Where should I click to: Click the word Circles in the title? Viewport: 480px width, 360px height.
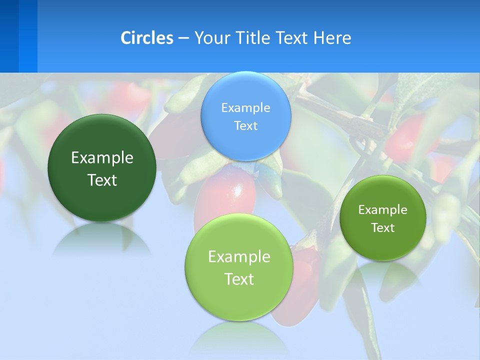[x=147, y=38]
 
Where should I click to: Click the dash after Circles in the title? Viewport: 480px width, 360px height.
[x=183, y=38]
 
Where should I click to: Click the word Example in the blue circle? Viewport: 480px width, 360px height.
[x=246, y=107]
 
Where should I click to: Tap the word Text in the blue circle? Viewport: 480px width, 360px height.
[x=246, y=125]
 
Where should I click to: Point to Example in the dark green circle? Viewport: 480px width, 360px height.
[x=102, y=158]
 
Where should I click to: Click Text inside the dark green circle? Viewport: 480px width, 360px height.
[x=102, y=180]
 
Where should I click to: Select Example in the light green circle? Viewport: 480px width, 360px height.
[x=239, y=257]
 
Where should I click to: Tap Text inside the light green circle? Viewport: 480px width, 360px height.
[x=239, y=279]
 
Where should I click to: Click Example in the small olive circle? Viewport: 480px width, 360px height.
[x=383, y=210]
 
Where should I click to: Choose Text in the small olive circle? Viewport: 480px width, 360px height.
[x=383, y=228]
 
